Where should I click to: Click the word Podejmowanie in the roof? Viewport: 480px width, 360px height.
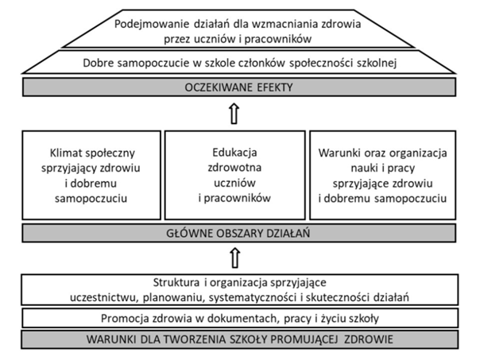pos(152,24)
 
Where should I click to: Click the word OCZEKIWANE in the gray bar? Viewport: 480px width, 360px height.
pos(219,87)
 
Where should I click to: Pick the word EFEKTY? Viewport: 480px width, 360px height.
pos(275,87)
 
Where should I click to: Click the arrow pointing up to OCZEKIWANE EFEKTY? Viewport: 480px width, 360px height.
pos(234,114)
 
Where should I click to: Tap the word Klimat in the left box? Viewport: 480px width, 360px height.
pos(64,153)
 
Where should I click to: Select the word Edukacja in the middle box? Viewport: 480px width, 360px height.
pos(234,153)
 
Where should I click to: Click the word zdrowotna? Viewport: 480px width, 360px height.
pos(234,168)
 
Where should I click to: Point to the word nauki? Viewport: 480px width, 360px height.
pos(364,168)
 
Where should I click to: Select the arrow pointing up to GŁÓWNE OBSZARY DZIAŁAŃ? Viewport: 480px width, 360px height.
pos(234,257)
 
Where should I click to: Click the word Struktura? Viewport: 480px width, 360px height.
pos(176,282)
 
